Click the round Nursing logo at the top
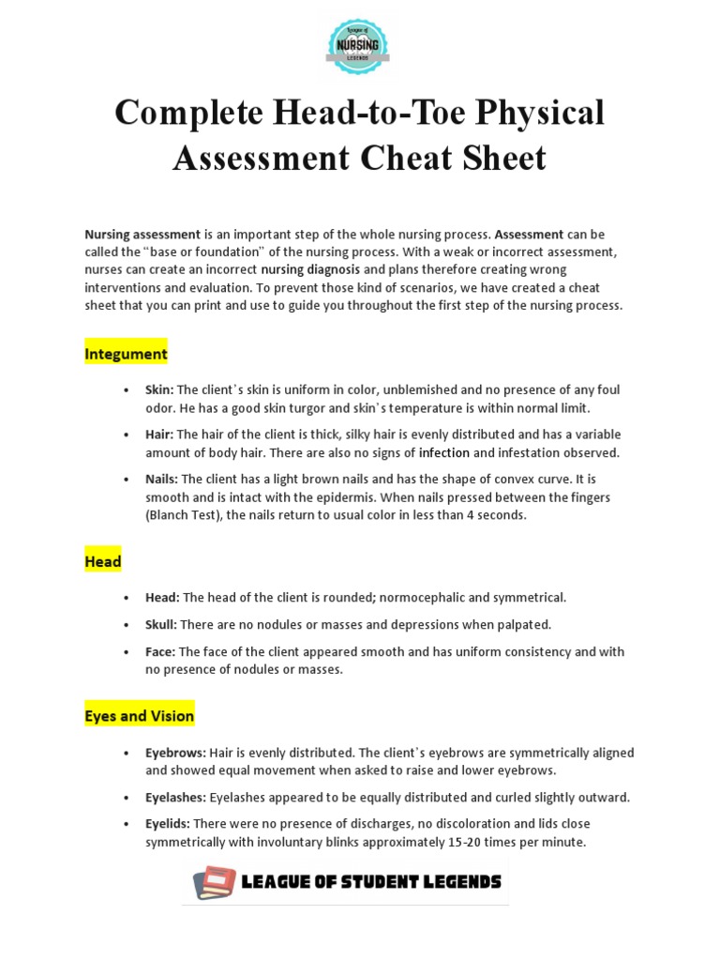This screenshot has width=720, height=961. coord(359,46)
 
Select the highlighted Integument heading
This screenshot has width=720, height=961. coord(126,354)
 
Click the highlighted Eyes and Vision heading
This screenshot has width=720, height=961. coord(139,716)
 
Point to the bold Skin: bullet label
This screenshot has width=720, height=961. coord(159,389)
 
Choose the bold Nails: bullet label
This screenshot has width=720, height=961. coord(162,480)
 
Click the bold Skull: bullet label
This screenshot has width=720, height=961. coord(162,624)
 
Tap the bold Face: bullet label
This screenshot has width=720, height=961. coord(161,651)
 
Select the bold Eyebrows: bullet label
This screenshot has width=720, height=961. coord(175,753)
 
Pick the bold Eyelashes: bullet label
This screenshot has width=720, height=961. coord(176,797)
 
